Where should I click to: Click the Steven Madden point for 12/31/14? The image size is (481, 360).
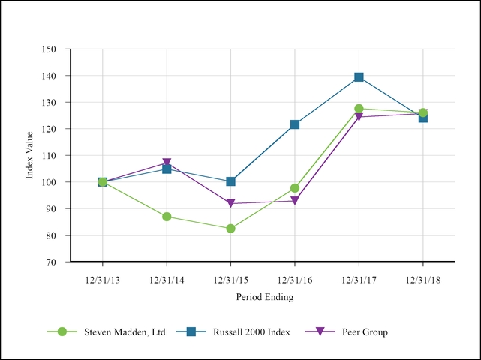tap(167, 217)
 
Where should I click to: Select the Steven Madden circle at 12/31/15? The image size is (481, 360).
tap(230, 229)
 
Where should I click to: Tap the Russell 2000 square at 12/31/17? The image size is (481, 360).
tap(359, 77)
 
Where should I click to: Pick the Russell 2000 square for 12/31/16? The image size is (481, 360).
tap(295, 124)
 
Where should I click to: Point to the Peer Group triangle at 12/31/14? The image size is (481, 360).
tap(167, 163)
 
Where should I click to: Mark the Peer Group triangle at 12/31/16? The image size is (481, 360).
tap(295, 201)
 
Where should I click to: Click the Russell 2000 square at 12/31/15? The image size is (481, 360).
tap(230, 181)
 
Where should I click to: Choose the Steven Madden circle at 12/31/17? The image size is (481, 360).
tap(359, 109)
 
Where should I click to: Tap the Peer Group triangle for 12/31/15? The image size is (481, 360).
tap(230, 203)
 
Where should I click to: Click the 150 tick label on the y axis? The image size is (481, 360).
tap(50, 49)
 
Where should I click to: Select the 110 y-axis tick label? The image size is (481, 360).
tap(50, 156)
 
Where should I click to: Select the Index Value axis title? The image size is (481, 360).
tap(30, 156)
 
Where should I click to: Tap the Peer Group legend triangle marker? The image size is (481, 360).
tap(320, 331)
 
